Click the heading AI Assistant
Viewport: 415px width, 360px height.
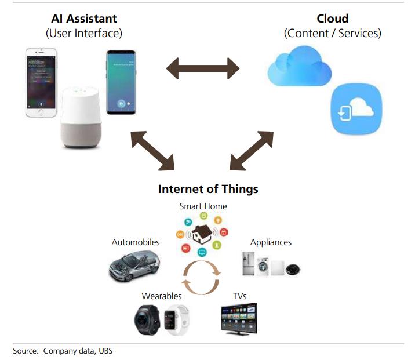tap(84, 19)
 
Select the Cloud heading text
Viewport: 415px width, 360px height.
tap(332, 19)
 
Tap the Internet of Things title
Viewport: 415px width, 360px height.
tap(208, 190)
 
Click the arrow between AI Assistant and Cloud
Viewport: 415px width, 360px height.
tap(203, 68)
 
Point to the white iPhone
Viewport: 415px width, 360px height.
tap(43, 82)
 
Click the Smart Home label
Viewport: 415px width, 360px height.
tap(203, 206)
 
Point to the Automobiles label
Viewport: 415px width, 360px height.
tap(136, 242)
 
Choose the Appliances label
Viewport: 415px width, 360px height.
tap(271, 242)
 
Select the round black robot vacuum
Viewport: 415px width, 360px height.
tap(293, 269)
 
